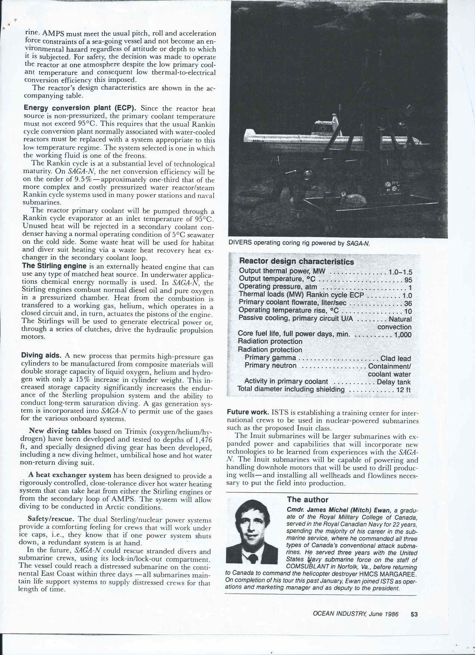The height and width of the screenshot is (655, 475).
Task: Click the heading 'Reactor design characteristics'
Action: pos(296,261)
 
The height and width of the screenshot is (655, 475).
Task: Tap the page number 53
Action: pos(414,614)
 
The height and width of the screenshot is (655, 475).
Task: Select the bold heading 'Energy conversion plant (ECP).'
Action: pos(80,108)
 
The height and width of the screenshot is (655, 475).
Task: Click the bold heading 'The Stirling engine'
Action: pos(55,266)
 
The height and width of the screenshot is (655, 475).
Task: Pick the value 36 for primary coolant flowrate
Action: pos(408,303)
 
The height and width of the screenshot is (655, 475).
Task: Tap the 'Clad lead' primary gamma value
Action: pos(395,358)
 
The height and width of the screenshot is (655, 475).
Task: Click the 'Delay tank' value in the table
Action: pos(394,382)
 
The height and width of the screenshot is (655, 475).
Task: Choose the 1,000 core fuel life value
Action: pos(403,335)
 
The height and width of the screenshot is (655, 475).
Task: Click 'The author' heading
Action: pos(307,499)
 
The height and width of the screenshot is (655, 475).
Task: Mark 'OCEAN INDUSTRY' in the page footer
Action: pos(338,614)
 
